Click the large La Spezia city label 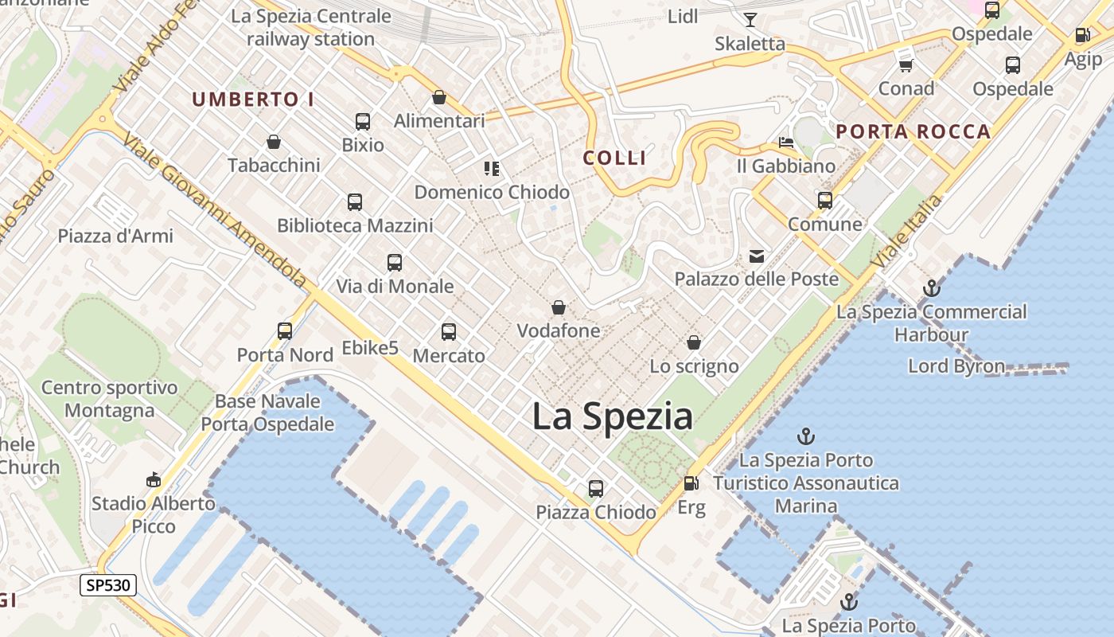coord(612,416)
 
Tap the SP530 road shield coord(109,586)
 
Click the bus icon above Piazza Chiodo coord(596,488)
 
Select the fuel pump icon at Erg coord(691,483)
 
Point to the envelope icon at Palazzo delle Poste coord(756,256)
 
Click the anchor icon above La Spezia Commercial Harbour coord(931,288)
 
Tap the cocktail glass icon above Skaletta coord(750,20)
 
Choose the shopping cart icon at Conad coord(906,65)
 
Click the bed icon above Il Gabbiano coord(786,143)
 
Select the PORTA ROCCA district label coord(913,132)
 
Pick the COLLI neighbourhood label coord(614,158)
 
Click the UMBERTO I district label coord(253,100)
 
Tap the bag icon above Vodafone coord(559,307)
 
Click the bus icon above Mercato coord(449,332)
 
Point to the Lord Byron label coord(956,366)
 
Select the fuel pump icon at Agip coord(1082,36)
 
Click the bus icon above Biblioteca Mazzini coord(355,202)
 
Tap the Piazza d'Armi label coord(115,236)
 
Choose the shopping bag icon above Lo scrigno coord(694,343)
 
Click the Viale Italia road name coord(908,230)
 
